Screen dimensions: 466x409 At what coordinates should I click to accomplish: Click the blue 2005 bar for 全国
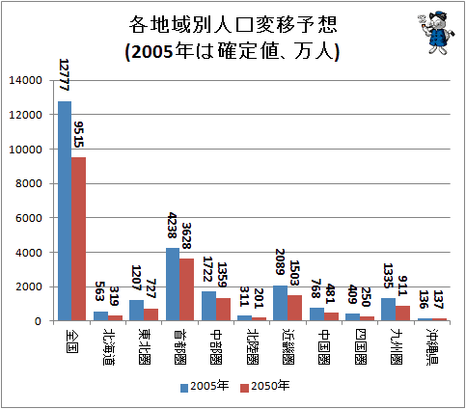point(65,211)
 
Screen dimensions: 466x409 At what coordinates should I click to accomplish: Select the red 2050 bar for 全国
point(79,239)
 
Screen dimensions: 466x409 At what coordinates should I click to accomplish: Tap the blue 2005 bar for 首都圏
point(173,285)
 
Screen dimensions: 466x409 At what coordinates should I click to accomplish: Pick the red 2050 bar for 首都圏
point(187,289)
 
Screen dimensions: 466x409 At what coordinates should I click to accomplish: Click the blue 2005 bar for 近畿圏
point(281,303)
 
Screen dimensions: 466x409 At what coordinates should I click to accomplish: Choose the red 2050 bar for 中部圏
point(223,310)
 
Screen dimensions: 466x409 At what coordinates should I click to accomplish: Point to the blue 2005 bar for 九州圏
point(388,310)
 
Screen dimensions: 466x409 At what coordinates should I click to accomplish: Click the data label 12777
point(64,75)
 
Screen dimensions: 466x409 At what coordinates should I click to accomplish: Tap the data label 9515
point(78,134)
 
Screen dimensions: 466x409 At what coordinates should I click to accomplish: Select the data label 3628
point(186,236)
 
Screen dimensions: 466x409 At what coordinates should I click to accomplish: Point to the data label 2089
point(280,261)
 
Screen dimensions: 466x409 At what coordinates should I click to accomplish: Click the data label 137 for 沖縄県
point(438,299)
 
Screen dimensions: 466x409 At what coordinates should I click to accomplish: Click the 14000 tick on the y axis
point(25,80)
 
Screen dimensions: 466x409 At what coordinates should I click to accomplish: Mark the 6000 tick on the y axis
point(29,218)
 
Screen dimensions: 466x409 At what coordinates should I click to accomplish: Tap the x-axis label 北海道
point(109,346)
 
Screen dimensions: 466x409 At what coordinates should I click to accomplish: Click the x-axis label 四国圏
point(360,346)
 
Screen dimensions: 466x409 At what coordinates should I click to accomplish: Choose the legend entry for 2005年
point(205,386)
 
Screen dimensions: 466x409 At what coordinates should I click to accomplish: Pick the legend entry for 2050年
point(265,386)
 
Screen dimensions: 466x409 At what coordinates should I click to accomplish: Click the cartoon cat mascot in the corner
point(437,33)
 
